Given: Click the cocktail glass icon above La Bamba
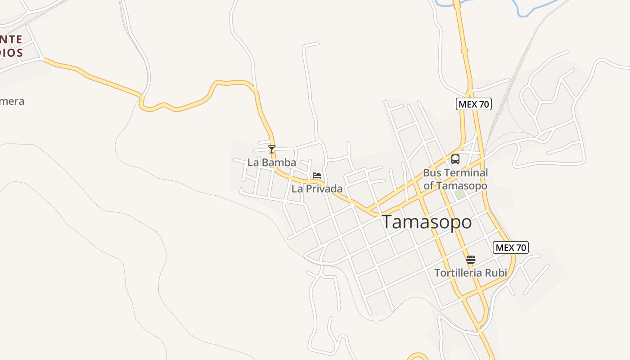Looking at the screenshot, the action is coord(271,149).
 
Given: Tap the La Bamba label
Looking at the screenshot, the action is coord(272,162).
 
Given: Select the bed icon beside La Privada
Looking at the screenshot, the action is coord(317,175).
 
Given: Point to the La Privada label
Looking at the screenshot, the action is coord(317,189).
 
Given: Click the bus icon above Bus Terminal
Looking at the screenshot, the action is coord(455,159).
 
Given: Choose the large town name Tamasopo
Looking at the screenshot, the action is coord(427,222).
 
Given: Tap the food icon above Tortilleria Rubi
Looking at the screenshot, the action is coord(471,260).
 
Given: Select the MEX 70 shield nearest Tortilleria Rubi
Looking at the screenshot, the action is coord(511,247).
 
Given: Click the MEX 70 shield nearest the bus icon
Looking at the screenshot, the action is coord(473,104).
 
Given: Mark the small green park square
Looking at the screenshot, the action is coord(459,194).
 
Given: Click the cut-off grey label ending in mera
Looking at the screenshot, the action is coord(12,101).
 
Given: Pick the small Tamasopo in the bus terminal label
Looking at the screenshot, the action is coord(462,185).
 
